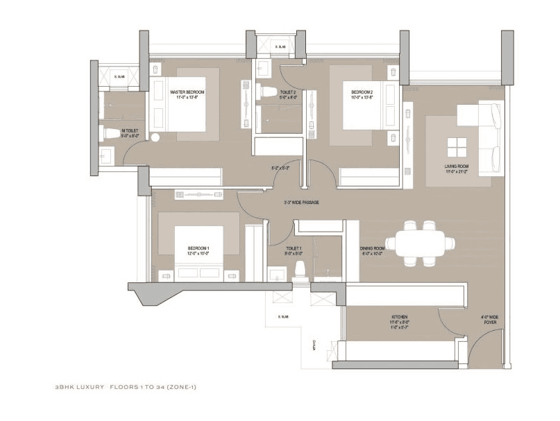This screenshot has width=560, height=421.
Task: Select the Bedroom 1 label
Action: click(x=198, y=250)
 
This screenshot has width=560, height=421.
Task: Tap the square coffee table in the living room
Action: click(x=457, y=148)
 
